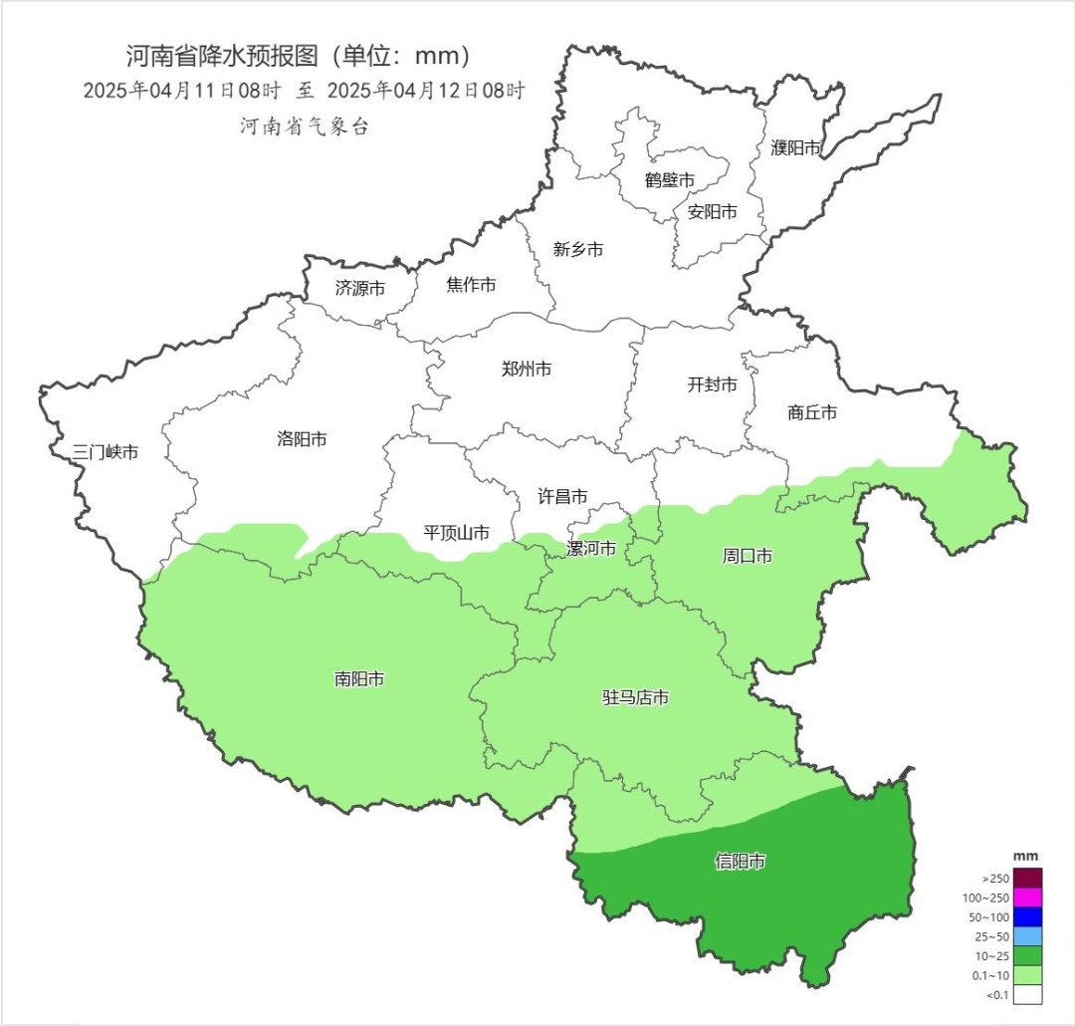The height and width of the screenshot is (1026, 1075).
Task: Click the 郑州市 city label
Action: coord(527,370)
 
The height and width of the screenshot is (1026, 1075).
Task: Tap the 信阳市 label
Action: coord(741,862)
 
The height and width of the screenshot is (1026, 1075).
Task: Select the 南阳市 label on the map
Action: coord(359,679)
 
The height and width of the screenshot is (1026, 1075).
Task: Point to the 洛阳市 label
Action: coord(302,438)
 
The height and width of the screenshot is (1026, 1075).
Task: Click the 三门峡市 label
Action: coord(106,452)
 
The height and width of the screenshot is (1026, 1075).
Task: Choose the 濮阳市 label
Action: coord(796,148)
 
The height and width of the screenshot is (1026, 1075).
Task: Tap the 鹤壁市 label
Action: coord(669,180)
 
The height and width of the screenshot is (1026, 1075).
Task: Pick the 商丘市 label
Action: coord(811,411)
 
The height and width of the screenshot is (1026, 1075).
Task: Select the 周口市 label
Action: coord(747,556)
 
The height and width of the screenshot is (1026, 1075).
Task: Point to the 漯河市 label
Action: coord(591,549)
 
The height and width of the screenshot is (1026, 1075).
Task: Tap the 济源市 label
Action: coord(360,289)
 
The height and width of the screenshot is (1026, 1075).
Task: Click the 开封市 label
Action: coord(713,385)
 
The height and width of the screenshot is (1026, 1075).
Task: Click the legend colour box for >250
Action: coord(1028,879)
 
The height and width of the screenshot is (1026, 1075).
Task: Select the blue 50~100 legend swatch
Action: coord(1028,917)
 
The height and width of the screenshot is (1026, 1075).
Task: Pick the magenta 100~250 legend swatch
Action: coord(1028,898)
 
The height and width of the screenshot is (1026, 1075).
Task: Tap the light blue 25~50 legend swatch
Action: coord(1028,936)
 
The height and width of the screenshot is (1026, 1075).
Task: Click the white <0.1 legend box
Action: coord(1028,994)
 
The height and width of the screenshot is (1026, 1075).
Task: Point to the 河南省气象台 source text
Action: coord(304,127)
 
